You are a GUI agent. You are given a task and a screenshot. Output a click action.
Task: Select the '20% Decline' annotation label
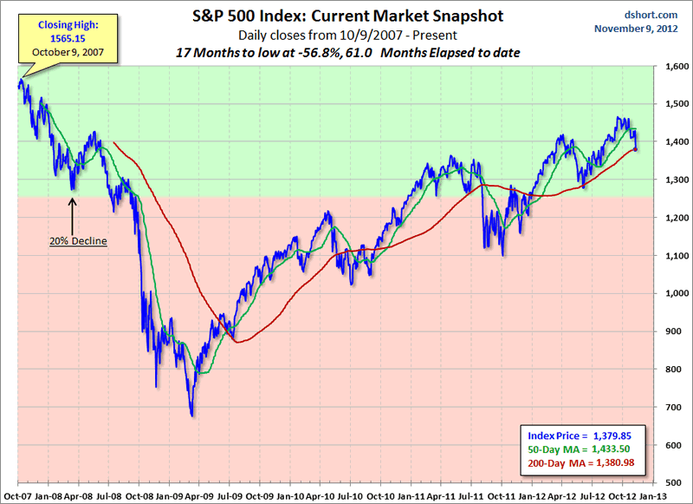click(x=78, y=240)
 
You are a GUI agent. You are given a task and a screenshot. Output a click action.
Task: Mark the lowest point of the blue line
click(x=192, y=415)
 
